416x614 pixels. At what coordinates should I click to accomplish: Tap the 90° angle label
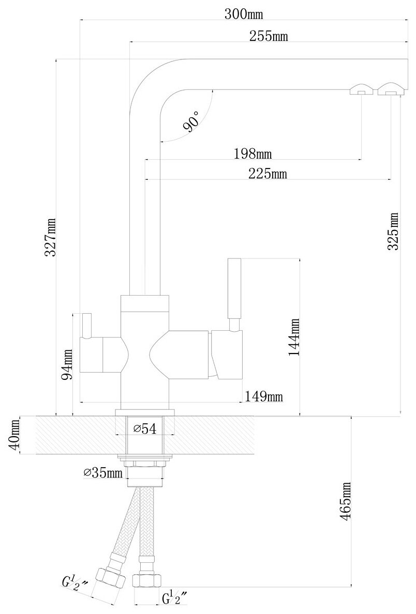(x=191, y=122)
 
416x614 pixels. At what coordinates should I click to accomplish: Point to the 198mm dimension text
(x=253, y=153)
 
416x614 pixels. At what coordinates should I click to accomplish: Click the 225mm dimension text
(x=268, y=174)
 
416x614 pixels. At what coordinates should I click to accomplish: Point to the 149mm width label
(x=264, y=396)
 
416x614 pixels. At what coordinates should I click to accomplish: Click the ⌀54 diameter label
(x=145, y=428)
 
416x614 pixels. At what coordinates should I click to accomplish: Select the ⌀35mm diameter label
(x=103, y=472)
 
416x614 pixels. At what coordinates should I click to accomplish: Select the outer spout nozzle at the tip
(x=390, y=89)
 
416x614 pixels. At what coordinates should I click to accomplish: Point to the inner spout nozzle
(x=361, y=90)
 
